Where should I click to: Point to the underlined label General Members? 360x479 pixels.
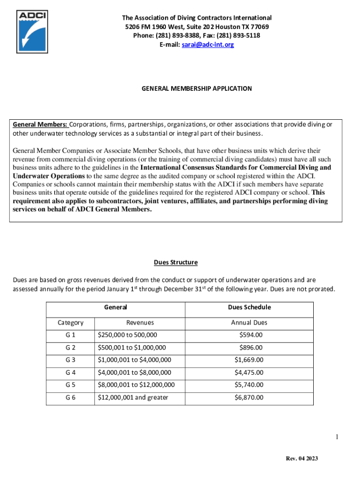40,124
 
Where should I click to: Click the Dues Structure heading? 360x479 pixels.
176,262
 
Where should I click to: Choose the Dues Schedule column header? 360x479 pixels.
249,307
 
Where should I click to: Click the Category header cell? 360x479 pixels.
71,322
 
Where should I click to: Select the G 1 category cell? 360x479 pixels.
71,335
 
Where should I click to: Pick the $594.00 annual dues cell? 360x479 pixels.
251,335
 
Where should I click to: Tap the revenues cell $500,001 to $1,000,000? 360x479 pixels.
131,348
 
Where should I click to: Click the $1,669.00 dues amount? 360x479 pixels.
249,360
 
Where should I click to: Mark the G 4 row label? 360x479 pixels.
71,372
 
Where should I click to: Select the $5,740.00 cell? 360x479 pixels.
249,385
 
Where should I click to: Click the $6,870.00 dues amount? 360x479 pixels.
249,398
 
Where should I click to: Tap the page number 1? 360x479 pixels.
336,437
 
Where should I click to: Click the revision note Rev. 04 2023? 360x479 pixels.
302,458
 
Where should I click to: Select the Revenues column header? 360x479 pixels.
140,322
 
